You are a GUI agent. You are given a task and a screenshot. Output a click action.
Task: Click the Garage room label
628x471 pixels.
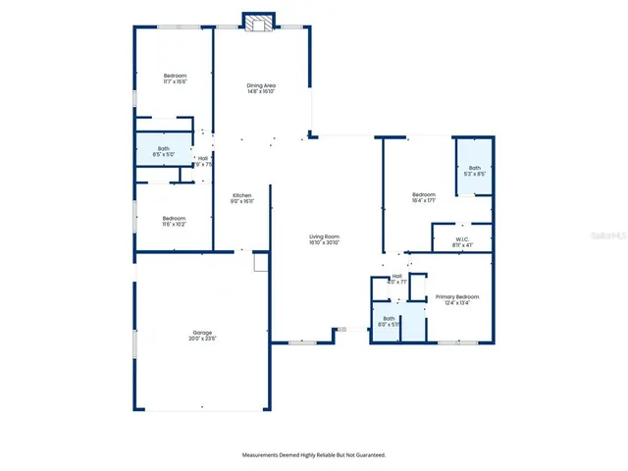point(201,334)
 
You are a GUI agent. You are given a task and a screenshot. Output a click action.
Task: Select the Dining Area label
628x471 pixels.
point(261,85)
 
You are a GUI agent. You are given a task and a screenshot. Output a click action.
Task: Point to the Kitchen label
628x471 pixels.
point(242,196)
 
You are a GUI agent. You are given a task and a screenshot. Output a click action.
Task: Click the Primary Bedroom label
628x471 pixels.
point(457,296)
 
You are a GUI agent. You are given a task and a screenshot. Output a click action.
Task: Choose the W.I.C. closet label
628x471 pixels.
point(461,237)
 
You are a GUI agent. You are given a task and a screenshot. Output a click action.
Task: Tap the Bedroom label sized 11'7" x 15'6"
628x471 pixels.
point(175,76)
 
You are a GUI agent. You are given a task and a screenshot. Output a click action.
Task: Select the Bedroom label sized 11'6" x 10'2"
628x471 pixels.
point(174,218)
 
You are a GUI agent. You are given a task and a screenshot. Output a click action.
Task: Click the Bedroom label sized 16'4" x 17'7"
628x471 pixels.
point(423,194)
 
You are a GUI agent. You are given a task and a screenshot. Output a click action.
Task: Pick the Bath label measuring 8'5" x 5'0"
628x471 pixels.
point(163,149)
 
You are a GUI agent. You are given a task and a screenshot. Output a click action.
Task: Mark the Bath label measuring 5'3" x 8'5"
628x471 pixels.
point(475,168)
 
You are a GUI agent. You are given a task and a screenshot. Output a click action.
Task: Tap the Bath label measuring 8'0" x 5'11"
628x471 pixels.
point(389,318)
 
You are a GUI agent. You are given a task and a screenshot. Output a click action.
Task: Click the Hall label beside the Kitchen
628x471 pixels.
point(203,159)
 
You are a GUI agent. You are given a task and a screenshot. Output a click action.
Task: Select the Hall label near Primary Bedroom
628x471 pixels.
point(397,276)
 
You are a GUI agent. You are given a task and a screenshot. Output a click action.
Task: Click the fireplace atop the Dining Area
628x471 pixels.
point(260,24)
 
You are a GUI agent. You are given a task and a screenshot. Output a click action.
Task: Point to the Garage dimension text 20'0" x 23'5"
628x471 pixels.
point(201,340)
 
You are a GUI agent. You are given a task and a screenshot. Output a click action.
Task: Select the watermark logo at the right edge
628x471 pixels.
point(616,235)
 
